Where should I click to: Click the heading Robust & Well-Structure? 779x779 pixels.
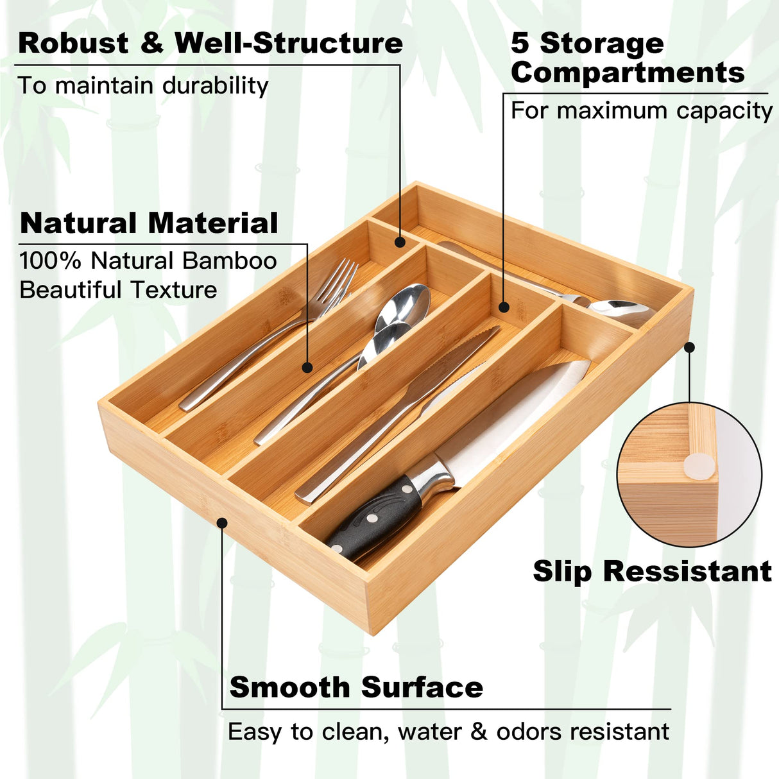point(210,43)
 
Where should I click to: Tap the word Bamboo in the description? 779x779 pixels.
point(229,261)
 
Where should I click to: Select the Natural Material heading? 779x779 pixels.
point(149,223)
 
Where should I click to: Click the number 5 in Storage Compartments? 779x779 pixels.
point(520,44)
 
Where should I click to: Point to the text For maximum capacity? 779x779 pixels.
point(641,110)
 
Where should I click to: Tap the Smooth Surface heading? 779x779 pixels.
point(356,687)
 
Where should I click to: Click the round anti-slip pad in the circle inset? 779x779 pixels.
point(699,466)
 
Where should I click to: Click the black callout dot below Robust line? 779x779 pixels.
point(400,242)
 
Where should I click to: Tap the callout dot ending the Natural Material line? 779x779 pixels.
point(307,368)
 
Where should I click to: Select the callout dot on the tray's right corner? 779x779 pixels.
point(689,347)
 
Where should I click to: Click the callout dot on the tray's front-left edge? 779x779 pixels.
point(222,523)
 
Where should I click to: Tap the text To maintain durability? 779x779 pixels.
point(142,85)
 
